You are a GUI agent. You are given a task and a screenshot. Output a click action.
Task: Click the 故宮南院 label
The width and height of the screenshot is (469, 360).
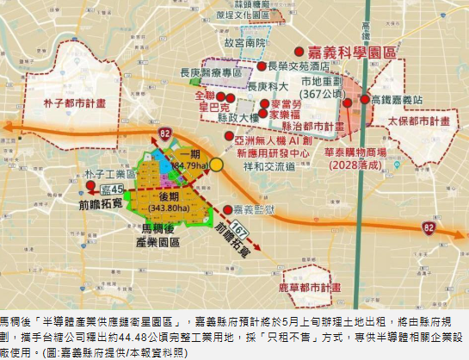[x=243, y=41]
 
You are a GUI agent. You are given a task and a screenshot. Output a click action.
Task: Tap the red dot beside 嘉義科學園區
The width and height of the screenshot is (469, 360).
[x=299, y=52]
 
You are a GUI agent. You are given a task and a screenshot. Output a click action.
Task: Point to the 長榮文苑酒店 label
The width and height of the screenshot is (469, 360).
[x=299, y=65]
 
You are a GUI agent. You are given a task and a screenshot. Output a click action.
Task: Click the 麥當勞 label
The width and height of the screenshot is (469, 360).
[x=288, y=101]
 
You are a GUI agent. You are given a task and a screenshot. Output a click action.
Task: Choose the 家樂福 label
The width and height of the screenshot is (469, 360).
[x=288, y=113]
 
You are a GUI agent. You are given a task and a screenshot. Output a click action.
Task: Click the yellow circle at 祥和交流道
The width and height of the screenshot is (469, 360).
[x=218, y=164]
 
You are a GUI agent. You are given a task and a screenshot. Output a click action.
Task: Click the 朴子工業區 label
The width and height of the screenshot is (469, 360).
[x=107, y=176]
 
